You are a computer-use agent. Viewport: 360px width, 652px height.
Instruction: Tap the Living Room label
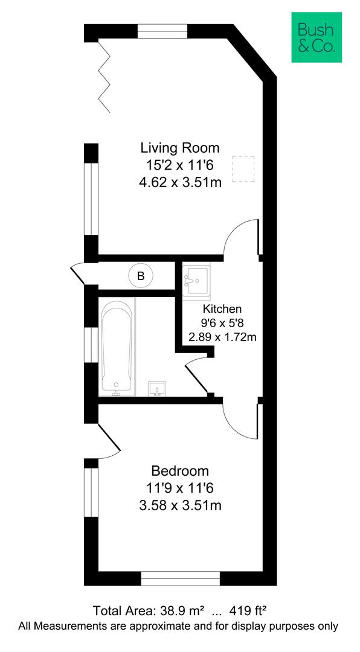(x=180, y=148)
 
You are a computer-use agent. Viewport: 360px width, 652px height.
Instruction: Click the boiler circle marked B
(x=141, y=276)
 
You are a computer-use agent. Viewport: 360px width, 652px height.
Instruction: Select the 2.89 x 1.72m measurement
(x=222, y=337)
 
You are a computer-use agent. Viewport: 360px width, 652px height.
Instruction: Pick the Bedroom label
(x=180, y=471)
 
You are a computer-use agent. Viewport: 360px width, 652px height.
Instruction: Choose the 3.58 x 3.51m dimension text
(x=180, y=505)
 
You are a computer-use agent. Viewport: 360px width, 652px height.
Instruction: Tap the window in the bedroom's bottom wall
(x=180, y=579)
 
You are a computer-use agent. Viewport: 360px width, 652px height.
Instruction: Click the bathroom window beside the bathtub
(x=91, y=345)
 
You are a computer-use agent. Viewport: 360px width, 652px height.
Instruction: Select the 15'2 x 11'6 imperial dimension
(x=180, y=165)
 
